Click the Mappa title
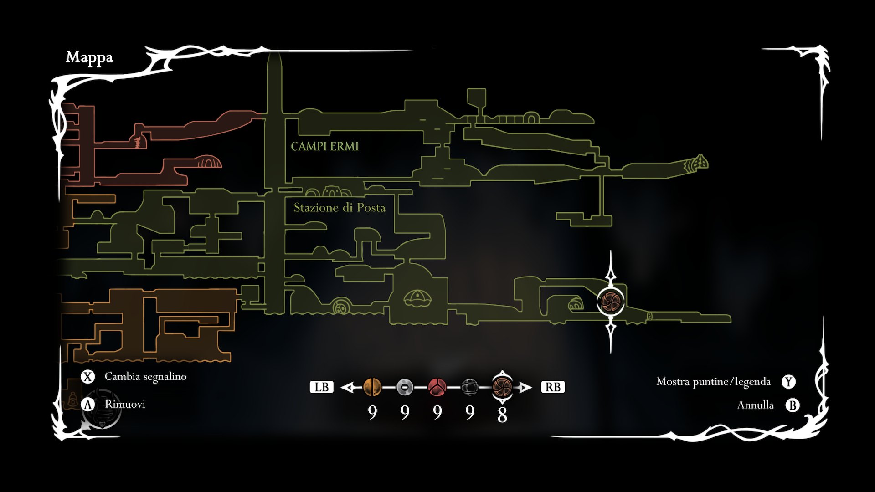tap(89, 57)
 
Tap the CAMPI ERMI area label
tap(324, 146)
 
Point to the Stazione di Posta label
tap(340, 208)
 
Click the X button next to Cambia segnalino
tap(87, 377)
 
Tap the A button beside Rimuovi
tap(87, 405)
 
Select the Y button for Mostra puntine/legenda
tap(788, 382)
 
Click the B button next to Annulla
tap(793, 405)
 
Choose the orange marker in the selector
tap(372, 387)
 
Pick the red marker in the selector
tap(437, 387)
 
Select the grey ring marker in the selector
tap(405, 387)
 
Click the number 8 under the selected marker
tap(502, 415)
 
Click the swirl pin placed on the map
tap(611, 301)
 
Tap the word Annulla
tap(755, 405)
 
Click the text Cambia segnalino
tap(145, 377)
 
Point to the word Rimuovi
tap(125, 405)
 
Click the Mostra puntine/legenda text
tap(713, 382)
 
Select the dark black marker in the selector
tap(469, 387)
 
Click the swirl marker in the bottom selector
tap(502, 387)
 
